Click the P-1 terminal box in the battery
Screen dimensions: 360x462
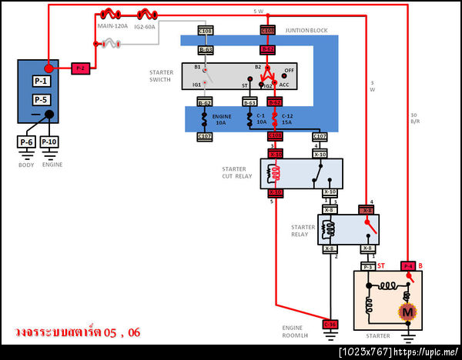(x=41, y=81)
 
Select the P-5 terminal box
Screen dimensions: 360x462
(x=41, y=100)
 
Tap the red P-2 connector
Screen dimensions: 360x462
(x=80, y=68)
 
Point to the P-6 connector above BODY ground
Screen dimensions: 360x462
(x=26, y=142)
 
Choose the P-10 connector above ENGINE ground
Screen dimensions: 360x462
(x=49, y=142)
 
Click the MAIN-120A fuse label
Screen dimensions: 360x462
(x=112, y=25)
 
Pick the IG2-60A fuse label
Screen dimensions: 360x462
(x=145, y=25)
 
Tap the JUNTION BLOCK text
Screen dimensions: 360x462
(x=306, y=30)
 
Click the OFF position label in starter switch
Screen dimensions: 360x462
(x=290, y=69)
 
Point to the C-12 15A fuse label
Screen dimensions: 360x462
(x=287, y=119)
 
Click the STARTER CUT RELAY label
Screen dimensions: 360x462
(x=234, y=173)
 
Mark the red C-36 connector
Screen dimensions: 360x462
(x=330, y=324)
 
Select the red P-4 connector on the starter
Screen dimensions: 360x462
(x=408, y=266)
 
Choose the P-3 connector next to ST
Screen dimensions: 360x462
(x=368, y=267)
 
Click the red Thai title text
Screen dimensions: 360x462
(x=77, y=332)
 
